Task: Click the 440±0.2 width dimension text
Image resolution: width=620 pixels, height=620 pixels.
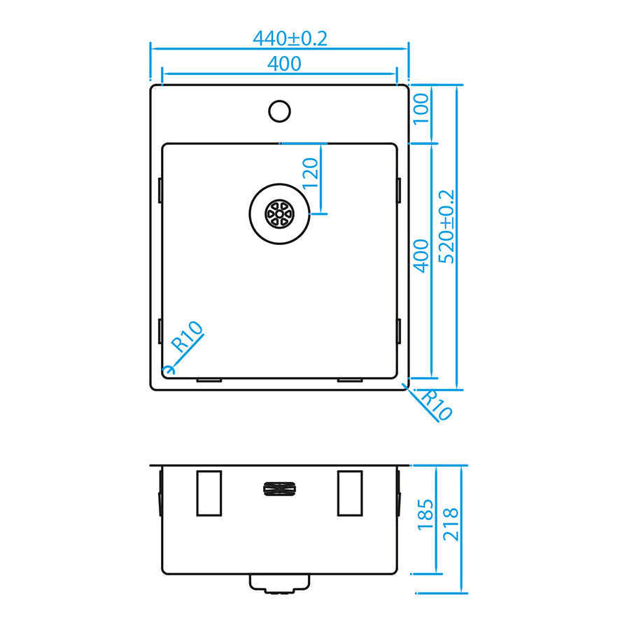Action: coord(290,38)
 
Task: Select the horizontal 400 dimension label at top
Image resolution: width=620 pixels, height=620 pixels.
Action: coord(284,64)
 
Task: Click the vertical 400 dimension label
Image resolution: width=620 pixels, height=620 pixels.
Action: coord(420,256)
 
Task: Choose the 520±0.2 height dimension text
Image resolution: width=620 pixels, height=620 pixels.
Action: coord(446,227)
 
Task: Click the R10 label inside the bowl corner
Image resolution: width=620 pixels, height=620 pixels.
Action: coord(187,336)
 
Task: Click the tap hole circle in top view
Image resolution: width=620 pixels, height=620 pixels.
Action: coord(280,110)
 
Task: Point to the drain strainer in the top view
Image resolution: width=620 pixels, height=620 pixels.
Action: coord(279,213)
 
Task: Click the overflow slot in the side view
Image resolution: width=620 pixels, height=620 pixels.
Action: coord(279,488)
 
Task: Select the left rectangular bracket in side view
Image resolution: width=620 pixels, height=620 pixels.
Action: coord(209,493)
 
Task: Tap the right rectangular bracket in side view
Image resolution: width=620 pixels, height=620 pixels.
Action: coord(350,493)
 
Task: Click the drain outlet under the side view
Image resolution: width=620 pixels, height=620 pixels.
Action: coord(279,583)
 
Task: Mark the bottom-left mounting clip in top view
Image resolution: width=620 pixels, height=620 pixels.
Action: coord(209,380)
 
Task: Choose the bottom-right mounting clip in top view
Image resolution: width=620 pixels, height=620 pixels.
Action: coord(350,380)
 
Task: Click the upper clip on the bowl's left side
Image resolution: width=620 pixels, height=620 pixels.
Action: coord(160,189)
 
